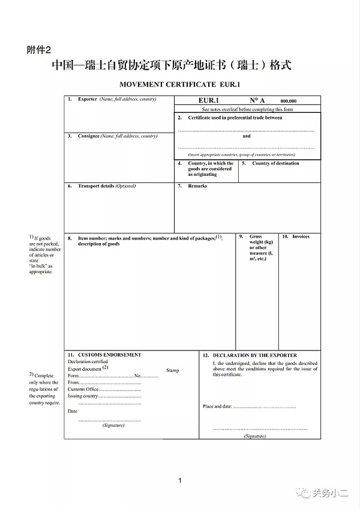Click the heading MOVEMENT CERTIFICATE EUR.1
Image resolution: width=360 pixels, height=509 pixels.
[180, 85]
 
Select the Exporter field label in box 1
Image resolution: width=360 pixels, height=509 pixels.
[87, 99]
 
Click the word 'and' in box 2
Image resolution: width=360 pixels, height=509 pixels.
[247, 136]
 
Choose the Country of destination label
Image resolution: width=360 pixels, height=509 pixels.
[275, 163]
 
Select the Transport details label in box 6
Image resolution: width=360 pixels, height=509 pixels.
[96, 186]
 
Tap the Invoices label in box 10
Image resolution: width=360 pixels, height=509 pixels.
[301, 236]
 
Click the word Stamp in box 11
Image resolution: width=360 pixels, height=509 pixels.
[172, 370]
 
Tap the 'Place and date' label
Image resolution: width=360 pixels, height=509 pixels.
[217, 406]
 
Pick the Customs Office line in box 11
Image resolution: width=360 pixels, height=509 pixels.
[104, 389]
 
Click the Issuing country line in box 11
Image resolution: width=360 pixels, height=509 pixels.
[104, 396]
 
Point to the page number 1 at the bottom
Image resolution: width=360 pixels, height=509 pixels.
[180, 480]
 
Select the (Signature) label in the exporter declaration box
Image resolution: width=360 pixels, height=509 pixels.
[255, 436]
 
